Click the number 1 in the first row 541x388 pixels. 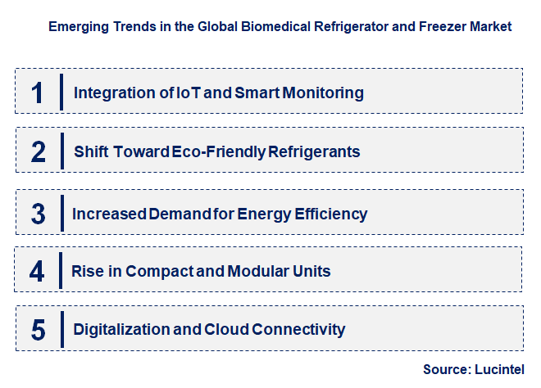37,92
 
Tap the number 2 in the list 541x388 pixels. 38,151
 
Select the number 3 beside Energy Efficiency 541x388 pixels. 38,214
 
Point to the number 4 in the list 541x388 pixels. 38,270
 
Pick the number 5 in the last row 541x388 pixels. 38,330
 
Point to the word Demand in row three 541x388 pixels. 177,214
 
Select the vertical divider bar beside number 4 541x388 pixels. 61,270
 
